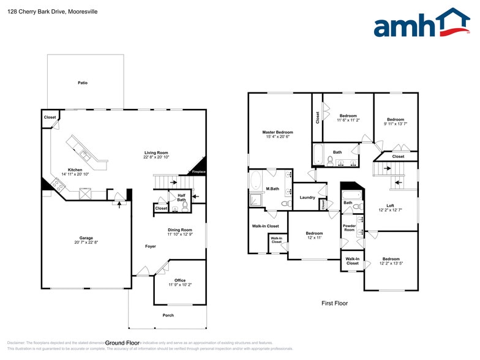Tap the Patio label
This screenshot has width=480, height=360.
pyautogui.click(x=82, y=83)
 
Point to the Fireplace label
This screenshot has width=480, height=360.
pyautogui.click(x=199, y=172)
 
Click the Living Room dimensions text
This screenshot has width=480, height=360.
pyautogui.click(x=156, y=157)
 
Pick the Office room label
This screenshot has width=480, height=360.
pyautogui.click(x=179, y=280)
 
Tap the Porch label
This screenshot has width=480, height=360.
pyautogui.click(x=168, y=315)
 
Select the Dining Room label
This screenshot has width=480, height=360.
pyautogui.click(x=180, y=230)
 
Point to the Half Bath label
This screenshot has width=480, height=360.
pyautogui.click(x=181, y=197)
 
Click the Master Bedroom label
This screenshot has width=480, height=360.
pyautogui.click(x=277, y=132)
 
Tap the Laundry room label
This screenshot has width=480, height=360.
pyautogui.click(x=307, y=197)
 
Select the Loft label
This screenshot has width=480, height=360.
pyautogui.click(x=390, y=206)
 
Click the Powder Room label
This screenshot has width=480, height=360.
pyautogui.click(x=349, y=227)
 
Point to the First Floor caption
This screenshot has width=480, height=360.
pyautogui.click(x=335, y=303)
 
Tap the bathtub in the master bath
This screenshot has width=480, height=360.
pyautogui.click(x=256, y=181)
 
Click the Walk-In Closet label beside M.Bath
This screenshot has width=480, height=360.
pyautogui.click(x=265, y=227)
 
